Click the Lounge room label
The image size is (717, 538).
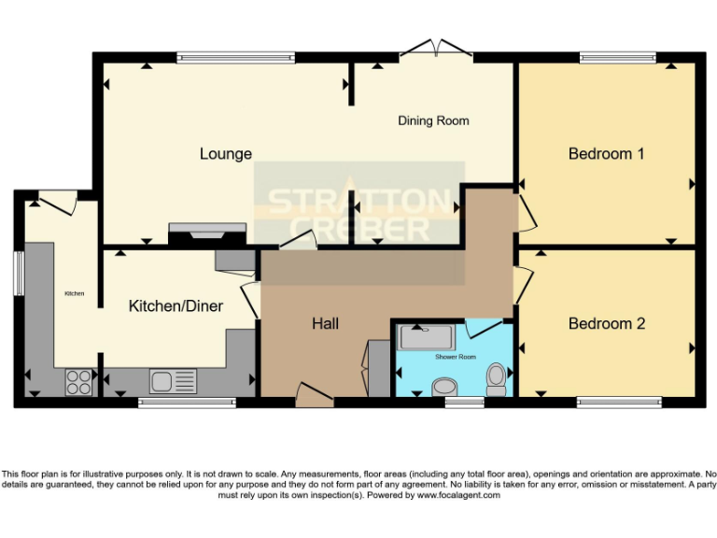[226, 153]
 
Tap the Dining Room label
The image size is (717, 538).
[433, 120]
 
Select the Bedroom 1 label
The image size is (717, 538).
[606, 153]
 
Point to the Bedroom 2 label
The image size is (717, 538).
[607, 324]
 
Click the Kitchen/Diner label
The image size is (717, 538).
[176, 305]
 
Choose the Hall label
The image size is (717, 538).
[325, 324]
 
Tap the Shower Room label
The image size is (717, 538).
[455, 357]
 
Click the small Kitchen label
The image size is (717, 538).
[74, 293]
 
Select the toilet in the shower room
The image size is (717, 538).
[497, 378]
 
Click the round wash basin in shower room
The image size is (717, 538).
[444, 386]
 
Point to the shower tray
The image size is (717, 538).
[426, 336]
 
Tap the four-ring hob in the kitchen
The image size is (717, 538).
[78, 381]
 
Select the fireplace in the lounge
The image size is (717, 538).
[207, 233]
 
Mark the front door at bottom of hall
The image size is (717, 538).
[316, 394]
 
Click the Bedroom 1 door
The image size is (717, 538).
[527, 211]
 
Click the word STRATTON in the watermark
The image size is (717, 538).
[359, 200]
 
